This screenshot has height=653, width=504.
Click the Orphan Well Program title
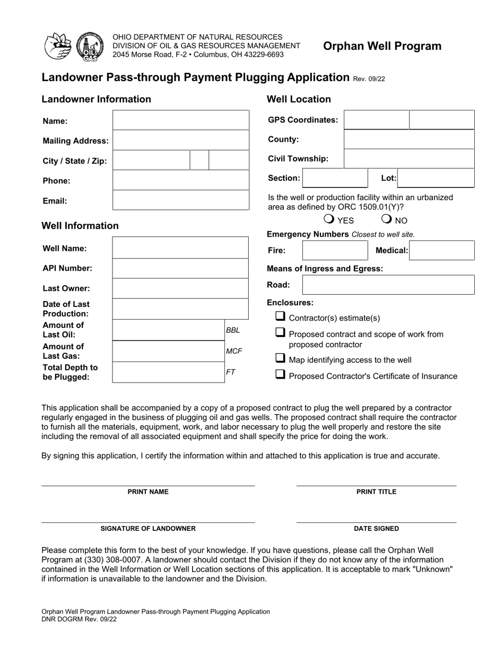(x=382, y=46)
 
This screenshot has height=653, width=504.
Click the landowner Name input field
(x=180, y=120)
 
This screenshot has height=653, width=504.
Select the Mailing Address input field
(x=180, y=140)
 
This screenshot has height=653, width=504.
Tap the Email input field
(x=180, y=200)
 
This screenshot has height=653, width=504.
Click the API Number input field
(x=180, y=268)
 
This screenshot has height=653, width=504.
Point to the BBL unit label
(x=233, y=330)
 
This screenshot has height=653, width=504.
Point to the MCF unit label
(x=234, y=351)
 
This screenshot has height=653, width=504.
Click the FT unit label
(x=231, y=372)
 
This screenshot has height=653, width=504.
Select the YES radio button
(x=329, y=219)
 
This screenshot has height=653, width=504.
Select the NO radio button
(x=386, y=219)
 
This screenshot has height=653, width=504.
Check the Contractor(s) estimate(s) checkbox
(x=280, y=317)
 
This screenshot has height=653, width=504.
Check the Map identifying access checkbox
(x=280, y=359)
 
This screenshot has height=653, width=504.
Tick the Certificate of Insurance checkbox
(x=280, y=375)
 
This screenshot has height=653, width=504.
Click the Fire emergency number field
(x=334, y=250)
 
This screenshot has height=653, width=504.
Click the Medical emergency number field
(x=441, y=250)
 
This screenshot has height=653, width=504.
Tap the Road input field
(x=388, y=285)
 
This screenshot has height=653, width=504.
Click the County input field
(x=409, y=140)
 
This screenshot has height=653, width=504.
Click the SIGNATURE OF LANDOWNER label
(x=148, y=529)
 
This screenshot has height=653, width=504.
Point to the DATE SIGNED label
(x=376, y=529)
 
